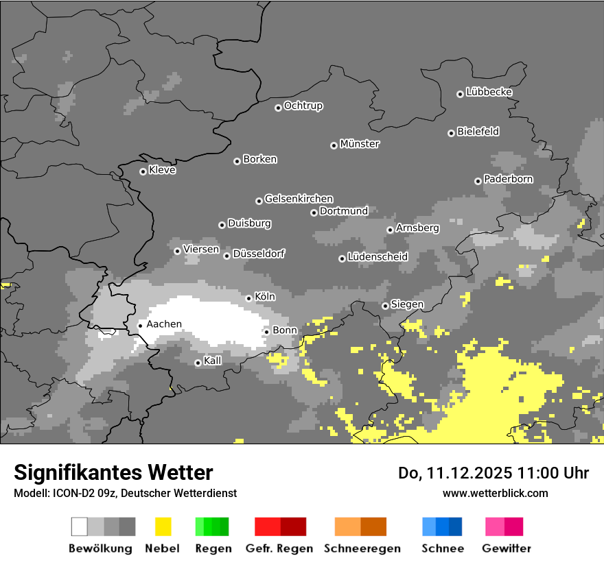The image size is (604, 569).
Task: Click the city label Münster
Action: pyautogui.click(x=360, y=144)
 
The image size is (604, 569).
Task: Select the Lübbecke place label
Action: pyautogui.click(x=489, y=92)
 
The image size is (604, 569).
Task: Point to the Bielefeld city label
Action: pyautogui.click(x=478, y=132)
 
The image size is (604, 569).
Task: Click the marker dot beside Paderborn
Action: pyautogui.click(x=478, y=181)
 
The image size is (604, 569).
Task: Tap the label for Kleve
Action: pyautogui.click(x=162, y=170)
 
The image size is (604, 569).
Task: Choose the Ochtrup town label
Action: pyautogui.click(x=303, y=106)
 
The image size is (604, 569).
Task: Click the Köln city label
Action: pyautogui.click(x=265, y=297)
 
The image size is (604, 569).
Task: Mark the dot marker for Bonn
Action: pyautogui.click(x=266, y=332)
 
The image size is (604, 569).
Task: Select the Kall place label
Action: pyautogui.click(x=213, y=361)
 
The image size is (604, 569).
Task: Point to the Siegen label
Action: pyautogui.click(x=407, y=304)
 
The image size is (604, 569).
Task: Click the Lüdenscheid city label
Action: pyautogui.click(x=377, y=257)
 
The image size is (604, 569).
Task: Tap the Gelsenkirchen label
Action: pyautogui.click(x=299, y=199)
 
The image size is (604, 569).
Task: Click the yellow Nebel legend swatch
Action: pyautogui.click(x=163, y=526)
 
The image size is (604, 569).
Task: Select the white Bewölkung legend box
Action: pyautogui.click(x=79, y=526)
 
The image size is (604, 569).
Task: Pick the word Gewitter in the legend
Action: pyautogui.click(x=507, y=548)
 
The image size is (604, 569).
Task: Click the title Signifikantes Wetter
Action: pyautogui.click(x=113, y=472)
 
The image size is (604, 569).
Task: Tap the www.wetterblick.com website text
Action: pyautogui.click(x=495, y=493)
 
